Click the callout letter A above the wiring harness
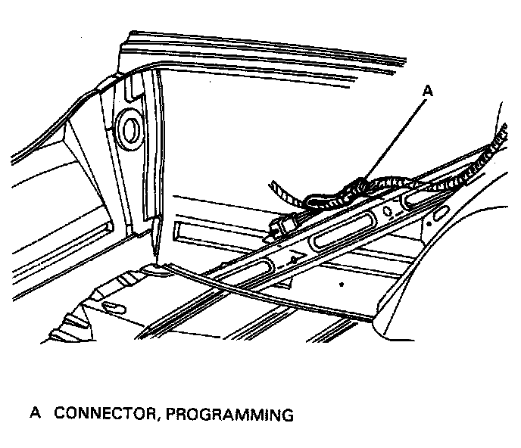428,90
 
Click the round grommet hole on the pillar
129,129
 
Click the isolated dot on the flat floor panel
342,285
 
